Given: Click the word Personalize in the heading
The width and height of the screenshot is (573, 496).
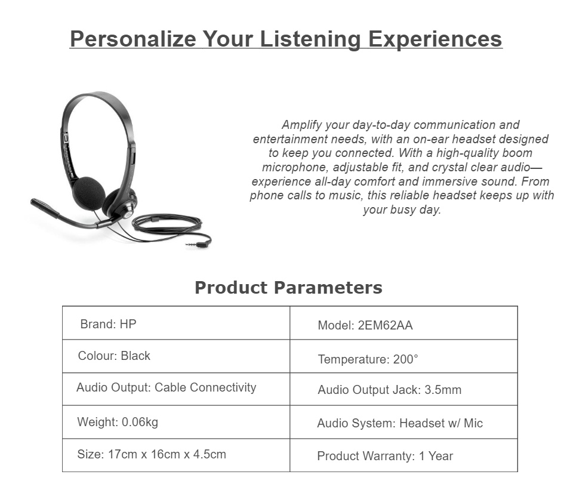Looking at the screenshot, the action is tap(133, 39).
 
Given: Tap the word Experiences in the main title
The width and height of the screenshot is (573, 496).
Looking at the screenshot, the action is tap(435, 39).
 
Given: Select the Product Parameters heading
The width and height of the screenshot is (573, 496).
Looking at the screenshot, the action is tap(288, 287).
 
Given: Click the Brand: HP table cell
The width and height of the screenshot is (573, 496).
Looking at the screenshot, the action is tap(176, 323).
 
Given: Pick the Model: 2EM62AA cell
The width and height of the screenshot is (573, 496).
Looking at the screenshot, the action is tap(404, 323).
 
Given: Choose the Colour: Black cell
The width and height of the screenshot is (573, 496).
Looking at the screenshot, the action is tap(176, 356).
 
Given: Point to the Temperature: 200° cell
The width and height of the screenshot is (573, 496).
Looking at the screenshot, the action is tap(404, 356).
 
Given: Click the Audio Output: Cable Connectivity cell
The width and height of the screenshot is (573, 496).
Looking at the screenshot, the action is tap(176, 389).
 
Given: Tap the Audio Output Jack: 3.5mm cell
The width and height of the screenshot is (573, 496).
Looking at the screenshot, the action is tap(404, 389).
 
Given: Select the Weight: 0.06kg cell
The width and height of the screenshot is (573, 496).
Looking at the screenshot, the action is tap(176, 422).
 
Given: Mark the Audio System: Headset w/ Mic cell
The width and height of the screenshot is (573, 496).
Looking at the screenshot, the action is tap(404, 422).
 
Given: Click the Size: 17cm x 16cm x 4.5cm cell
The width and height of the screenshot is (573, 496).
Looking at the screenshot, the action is tap(176, 455).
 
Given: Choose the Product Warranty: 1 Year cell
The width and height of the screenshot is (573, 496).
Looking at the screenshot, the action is tap(404, 455).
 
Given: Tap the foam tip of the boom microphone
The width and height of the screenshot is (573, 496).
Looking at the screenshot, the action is tap(45, 208).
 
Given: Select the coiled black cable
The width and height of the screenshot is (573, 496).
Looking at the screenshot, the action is tap(167, 225).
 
